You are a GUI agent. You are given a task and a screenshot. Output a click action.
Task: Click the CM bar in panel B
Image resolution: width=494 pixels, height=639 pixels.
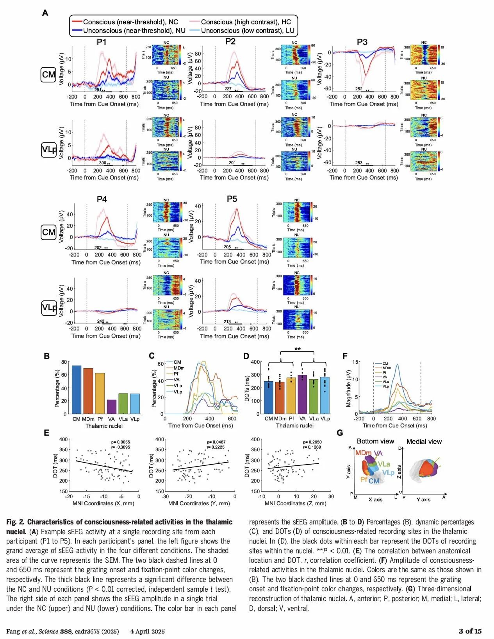pyautogui.click(x=77, y=390)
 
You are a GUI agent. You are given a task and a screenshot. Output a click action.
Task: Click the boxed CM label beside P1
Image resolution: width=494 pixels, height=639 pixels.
pyautogui.click(x=48, y=75)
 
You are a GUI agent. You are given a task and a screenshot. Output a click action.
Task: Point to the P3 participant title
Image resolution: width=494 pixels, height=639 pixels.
pyautogui.click(x=362, y=42)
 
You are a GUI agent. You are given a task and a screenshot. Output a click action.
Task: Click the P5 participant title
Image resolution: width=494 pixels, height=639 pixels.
pyautogui.click(x=232, y=199)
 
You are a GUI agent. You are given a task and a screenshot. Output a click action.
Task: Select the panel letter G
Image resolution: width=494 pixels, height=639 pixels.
pyautogui.click(x=340, y=433)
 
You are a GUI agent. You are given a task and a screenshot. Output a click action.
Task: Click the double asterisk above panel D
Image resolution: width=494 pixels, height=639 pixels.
pyautogui.click(x=298, y=349)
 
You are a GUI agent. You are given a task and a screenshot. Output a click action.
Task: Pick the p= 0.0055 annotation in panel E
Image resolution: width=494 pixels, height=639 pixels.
pyautogui.click(x=120, y=442)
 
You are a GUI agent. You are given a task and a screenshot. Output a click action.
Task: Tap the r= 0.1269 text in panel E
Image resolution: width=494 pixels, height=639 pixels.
pyautogui.click(x=312, y=447)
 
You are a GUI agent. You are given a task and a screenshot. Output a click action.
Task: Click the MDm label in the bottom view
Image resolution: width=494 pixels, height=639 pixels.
pyautogui.click(x=363, y=453)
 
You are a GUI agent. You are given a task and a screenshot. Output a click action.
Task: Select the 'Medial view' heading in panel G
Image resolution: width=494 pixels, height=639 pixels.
pyautogui.click(x=424, y=442)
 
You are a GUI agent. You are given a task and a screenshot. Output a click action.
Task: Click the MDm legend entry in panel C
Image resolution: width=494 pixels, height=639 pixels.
pyautogui.click(x=179, y=368)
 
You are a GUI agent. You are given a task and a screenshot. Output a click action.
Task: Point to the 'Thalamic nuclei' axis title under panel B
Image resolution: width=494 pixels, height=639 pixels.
pyautogui.click(x=104, y=426)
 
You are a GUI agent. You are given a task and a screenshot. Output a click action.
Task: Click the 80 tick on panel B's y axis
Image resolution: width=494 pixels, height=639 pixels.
pyautogui.click(x=64, y=362)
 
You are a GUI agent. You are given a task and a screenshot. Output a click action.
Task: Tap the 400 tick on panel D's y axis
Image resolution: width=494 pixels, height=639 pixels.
pyautogui.click(x=255, y=362)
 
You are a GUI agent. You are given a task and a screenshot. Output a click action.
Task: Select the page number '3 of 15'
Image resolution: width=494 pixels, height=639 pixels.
pyautogui.click(x=470, y=631)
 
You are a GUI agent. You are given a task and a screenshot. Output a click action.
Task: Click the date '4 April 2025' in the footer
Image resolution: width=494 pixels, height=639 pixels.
pyautogui.click(x=147, y=632)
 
